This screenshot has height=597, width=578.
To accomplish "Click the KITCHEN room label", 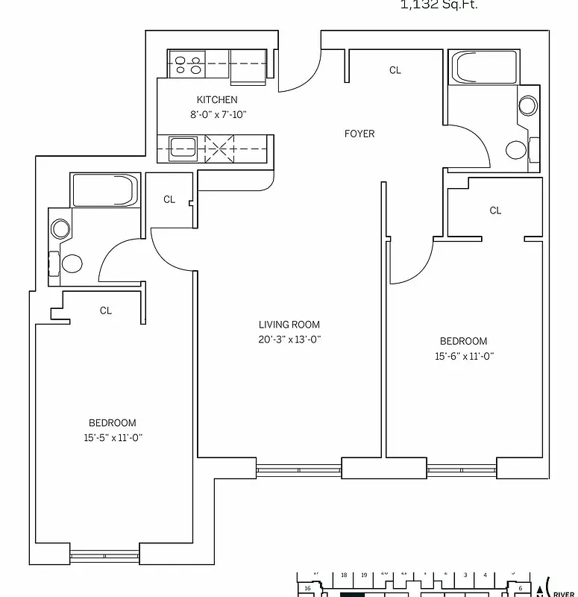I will pyautogui.click(x=217, y=100).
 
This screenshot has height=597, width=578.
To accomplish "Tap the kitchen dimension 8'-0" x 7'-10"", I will pyautogui.click(x=217, y=115).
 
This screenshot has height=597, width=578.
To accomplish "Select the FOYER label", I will pyautogui.click(x=359, y=134).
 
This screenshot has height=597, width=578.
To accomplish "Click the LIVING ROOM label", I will pyautogui.click(x=289, y=325).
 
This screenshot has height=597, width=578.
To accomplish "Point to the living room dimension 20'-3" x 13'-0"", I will pyautogui.click(x=289, y=339).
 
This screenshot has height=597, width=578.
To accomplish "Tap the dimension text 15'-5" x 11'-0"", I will pyautogui.click(x=113, y=438).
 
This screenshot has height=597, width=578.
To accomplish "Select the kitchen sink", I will pyautogui.click(x=183, y=147).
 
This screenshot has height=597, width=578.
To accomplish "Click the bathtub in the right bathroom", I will pyautogui.click(x=483, y=69).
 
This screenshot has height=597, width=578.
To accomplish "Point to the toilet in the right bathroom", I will pyautogui.click(x=518, y=149).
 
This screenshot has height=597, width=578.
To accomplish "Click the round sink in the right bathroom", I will pyautogui.click(x=527, y=105).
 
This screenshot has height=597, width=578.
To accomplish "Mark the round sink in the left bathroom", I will pyautogui.click(x=60, y=228).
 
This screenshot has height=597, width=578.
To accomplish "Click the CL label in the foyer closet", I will pyautogui.click(x=395, y=70).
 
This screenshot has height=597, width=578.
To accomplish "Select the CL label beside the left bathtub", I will pyautogui.click(x=169, y=199).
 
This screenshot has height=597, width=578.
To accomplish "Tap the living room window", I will pyautogui.click(x=298, y=469).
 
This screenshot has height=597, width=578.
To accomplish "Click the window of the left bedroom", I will pyautogui.click(x=104, y=554).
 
